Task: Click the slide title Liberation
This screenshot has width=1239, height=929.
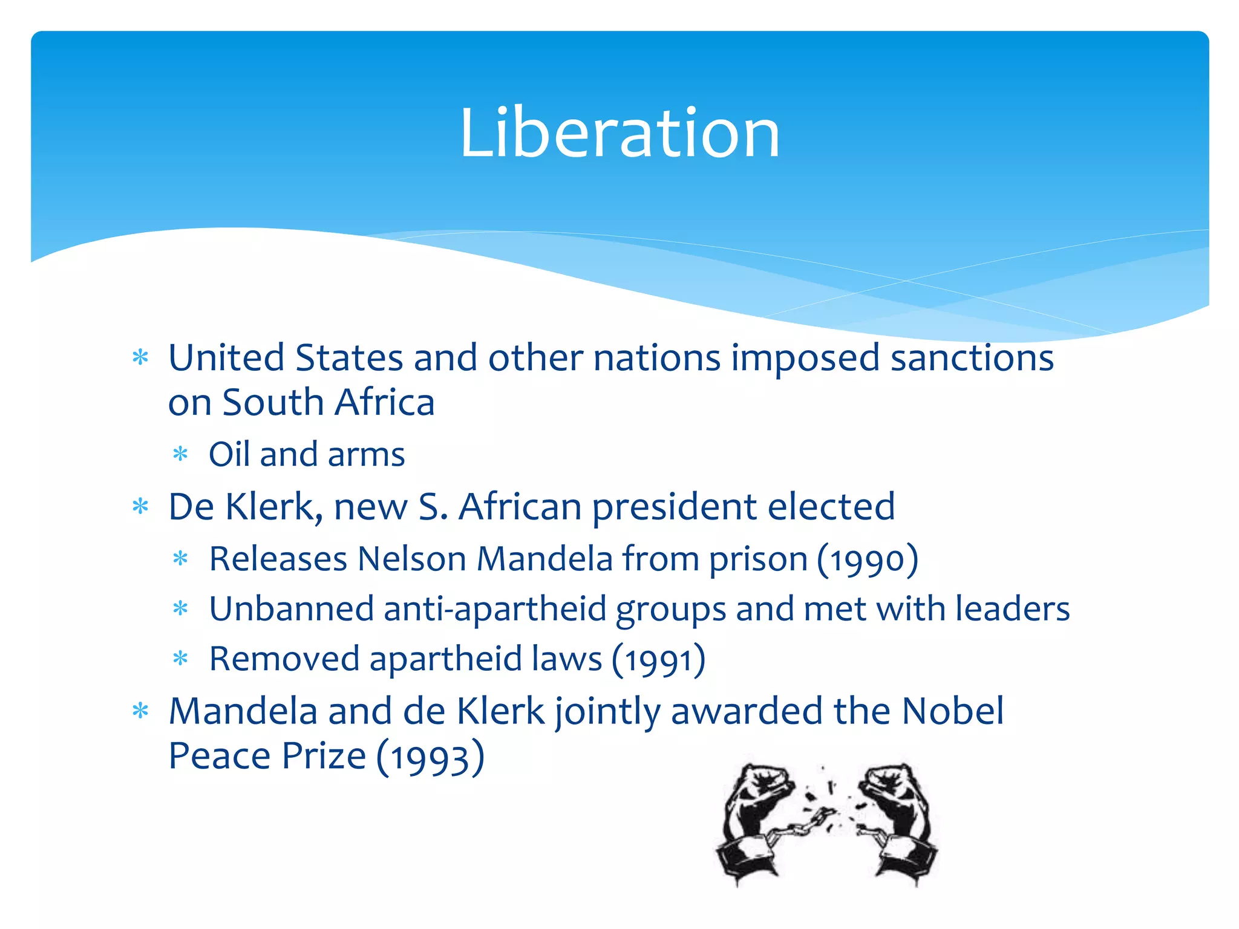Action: coord(619,133)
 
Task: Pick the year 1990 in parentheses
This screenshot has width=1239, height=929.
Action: coord(868,560)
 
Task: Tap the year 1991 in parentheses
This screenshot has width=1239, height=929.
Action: coord(659,660)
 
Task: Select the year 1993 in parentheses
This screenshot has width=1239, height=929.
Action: coord(430,758)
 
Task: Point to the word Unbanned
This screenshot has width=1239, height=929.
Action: coord(291,608)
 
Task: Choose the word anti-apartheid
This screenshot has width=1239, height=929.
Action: coord(495,610)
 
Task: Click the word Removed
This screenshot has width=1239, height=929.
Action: coord(284,659)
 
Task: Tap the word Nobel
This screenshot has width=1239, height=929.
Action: coord(952,711)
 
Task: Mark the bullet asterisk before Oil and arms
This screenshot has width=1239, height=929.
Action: coord(180,454)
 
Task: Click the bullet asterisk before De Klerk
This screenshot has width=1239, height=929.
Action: coord(140,506)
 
